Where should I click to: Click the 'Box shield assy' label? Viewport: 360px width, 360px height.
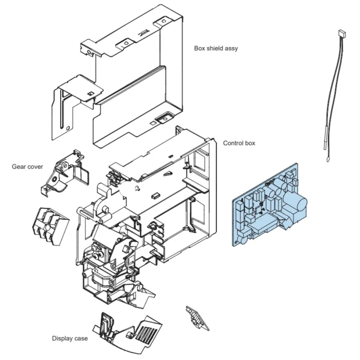click(x=216, y=48)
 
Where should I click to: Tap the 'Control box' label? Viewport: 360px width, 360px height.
click(x=239, y=143)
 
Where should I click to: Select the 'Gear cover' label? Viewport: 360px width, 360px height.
click(x=27, y=167)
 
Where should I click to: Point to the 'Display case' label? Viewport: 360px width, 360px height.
click(x=70, y=338)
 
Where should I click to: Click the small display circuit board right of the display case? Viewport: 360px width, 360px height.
click(x=197, y=318)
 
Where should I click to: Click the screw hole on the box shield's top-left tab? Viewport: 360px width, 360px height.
click(x=89, y=52)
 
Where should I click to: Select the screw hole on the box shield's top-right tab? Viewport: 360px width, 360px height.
click(x=163, y=21)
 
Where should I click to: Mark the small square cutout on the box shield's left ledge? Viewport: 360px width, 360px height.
click(x=90, y=94)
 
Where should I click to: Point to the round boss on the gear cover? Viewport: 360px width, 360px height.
click(x=55, y=179)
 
